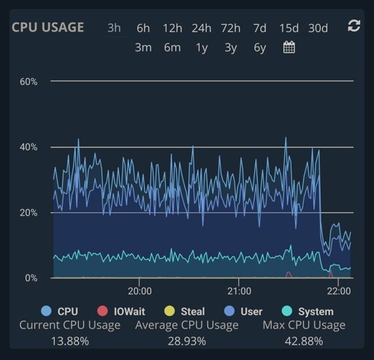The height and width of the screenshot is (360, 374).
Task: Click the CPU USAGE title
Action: [x=47, y=27]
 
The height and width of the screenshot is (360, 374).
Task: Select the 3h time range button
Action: [x=114, y=28]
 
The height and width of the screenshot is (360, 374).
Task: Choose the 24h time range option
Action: [x=202, y=28]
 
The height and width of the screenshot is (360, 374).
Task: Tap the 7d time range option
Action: [x=260, y=28]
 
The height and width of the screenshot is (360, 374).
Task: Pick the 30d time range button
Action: [x=318, y=28]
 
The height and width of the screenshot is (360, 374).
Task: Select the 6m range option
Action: [x=172, y=47]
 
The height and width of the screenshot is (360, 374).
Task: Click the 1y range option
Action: [x=202, y=48]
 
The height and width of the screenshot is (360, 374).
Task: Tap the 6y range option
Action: [x=260, y=48]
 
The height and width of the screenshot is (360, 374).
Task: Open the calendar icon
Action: [x=289, y=47]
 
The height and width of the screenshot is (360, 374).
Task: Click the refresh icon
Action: [x=354, y=26]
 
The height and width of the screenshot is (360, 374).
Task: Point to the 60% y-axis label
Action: [x=28, y=82]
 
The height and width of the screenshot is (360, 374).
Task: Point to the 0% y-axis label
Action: [x=31, y=277]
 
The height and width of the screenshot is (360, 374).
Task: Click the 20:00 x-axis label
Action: [x=140, y=291]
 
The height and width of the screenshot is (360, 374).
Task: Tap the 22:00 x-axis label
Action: [x=339, y=291]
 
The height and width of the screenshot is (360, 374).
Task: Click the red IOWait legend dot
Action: [x=102, y=311]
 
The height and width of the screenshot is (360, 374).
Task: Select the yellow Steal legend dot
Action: [x=169, y=311]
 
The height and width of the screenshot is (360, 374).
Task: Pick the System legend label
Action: [x=316, y=312]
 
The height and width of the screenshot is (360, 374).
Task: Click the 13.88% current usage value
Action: [x=70, y=341]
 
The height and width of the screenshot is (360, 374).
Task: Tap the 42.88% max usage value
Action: [x=304, y=341]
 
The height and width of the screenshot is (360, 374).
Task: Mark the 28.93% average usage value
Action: [x=187, y=341]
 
